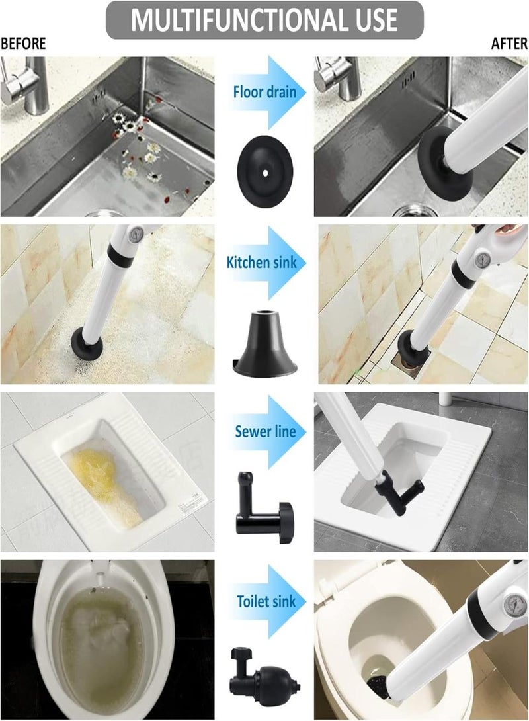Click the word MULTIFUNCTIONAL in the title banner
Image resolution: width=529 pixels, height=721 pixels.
click(x=218, y=20)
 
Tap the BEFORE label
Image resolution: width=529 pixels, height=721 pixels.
click(x=23, y=44)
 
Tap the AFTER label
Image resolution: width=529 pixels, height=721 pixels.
click(x=509, y=44)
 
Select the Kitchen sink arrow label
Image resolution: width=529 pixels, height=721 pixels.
click(x=266, y=263)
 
